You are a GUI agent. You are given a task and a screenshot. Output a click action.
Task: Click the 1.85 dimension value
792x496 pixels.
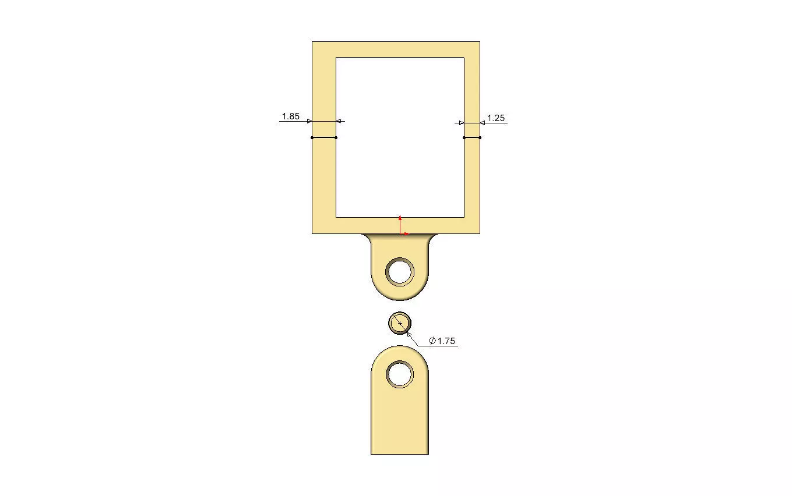click(290, 116)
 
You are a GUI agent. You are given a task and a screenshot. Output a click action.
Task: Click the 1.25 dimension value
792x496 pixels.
click(495, 118)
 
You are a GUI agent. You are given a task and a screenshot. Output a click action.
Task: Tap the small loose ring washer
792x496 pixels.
click(400, 323)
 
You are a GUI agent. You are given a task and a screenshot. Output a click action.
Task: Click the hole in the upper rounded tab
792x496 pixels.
click(400, 272)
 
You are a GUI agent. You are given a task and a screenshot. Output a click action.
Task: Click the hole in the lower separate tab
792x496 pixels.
click(400, 374)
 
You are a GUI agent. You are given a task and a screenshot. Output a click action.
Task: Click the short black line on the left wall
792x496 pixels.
click(324, 137)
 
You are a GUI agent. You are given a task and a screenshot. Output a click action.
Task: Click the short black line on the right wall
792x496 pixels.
click(472, 137)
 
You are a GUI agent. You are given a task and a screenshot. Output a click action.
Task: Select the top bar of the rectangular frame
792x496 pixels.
click(396, 49)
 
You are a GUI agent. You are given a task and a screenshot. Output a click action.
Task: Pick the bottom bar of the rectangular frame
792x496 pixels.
click(361, 225)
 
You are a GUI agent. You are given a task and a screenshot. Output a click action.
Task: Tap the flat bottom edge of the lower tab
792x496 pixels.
click(400, 454)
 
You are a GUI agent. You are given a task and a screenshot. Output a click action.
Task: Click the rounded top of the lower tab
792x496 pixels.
click(400, 349)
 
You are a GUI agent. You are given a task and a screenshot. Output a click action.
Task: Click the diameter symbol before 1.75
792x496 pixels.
click(432, 341)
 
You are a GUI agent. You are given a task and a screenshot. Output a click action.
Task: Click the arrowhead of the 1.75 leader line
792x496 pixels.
click(408, 332)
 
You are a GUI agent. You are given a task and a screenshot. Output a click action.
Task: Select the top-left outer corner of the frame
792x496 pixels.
click(312, 42)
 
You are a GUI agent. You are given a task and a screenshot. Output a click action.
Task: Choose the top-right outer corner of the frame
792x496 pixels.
click(480, 42)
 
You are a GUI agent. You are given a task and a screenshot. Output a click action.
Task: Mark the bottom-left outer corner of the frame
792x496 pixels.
click(312, 233)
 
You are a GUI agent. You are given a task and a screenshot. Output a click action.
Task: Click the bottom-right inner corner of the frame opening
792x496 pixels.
click(464, 217)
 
